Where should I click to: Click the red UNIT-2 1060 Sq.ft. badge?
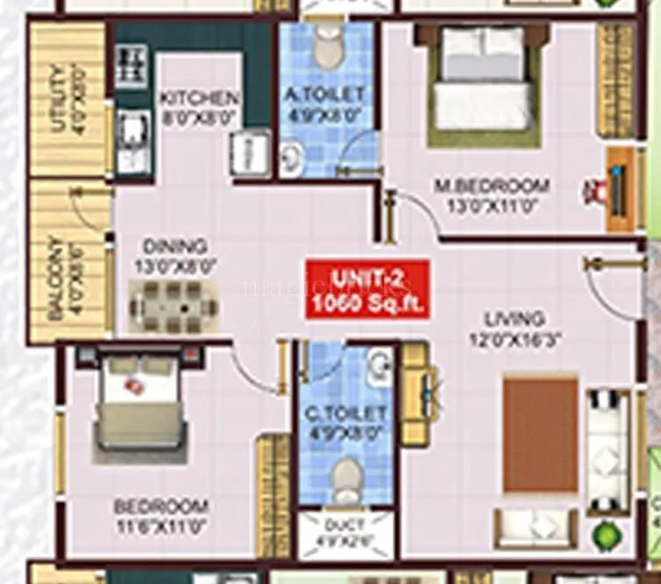(366, 289)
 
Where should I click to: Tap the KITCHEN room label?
(200, 96)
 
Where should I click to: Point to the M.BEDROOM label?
(493, 186)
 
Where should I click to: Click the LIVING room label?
(517, 318)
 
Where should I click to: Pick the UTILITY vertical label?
(58, 98)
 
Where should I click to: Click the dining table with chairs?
(174, 306)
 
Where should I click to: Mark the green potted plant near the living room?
(604, 534)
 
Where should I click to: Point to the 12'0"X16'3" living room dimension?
(517, 338)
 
